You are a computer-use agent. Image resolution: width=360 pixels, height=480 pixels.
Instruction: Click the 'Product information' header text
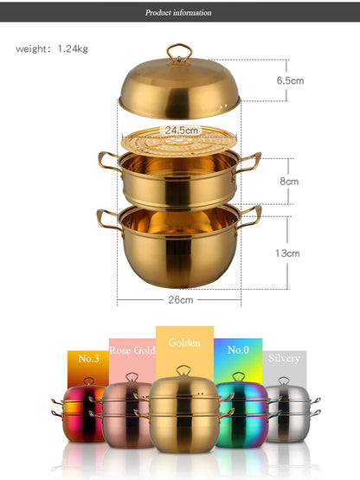coord(178,13)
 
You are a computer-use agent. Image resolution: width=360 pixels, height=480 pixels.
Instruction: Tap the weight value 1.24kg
coord(73,48)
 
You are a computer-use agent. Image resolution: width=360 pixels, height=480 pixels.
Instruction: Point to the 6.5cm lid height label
coord(290,80)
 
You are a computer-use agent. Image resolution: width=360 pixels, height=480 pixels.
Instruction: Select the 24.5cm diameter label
coord(182,131)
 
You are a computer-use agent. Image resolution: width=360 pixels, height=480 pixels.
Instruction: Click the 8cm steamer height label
coord(289,182)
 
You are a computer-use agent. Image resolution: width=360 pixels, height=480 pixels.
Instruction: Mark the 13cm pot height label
coord(287,253)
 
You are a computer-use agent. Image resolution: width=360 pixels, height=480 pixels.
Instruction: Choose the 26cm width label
coord(181,300)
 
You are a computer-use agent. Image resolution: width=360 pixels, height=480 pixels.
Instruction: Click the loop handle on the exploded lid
coord(179,53)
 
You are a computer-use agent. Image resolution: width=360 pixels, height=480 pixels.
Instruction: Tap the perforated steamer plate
coord(179,142)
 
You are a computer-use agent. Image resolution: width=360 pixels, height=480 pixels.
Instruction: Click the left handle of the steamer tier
coord(107,163)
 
